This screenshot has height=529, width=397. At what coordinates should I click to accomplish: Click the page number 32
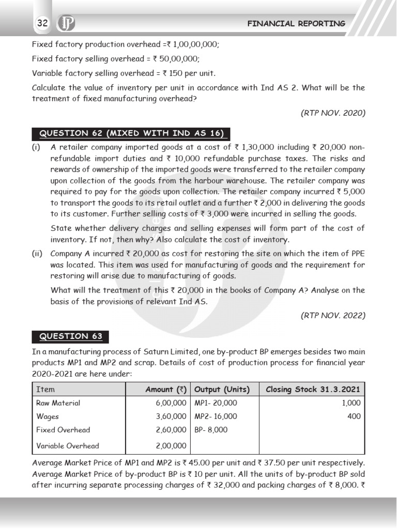(x=42, y=23)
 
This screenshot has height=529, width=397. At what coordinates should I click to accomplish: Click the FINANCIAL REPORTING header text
(x=296, y=24)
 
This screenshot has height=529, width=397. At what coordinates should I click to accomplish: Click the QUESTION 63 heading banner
(x=71, y=336)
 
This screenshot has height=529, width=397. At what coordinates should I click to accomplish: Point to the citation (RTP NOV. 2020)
(x=333, y=113)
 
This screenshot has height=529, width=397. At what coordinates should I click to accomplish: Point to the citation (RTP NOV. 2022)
(x=333, y=315)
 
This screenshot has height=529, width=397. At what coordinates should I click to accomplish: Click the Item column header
(x=45, y=390)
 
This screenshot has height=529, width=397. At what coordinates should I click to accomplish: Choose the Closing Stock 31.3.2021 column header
(x=313, y=390)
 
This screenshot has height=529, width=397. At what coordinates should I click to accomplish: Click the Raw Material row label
(x=58, y=403)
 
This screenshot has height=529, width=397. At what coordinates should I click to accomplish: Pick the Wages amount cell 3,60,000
(x=171, y=416)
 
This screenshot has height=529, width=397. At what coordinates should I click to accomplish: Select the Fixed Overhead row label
(x=63, y=430)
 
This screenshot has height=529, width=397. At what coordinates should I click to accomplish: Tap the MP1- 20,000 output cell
(x=216, y=403)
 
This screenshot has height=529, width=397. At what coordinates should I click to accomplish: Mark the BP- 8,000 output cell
(x=211, y=430)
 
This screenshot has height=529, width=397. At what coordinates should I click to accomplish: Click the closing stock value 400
(x=354, y=416)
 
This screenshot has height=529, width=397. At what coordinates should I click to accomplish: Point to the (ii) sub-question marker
(x=38, y=254)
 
